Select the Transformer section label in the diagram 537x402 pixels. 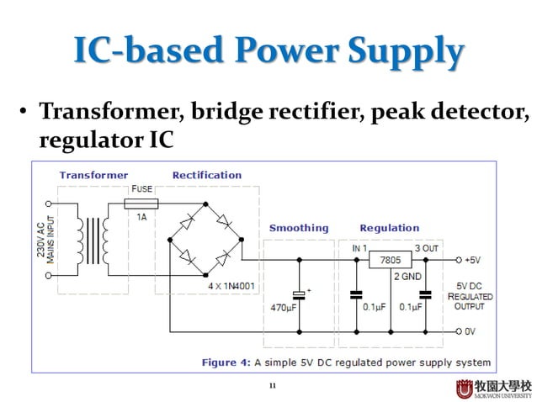click(x=93, y=175)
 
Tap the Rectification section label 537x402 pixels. click(x=206, y=175)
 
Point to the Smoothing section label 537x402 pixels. click(x=299, y=228)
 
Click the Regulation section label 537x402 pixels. click(x=389, y=228)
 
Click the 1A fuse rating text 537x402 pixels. click(x=141, y=216)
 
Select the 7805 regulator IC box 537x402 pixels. click(x=390, y=260)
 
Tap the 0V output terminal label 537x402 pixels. click(x=471, y=331)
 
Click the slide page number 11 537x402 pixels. click(x=272, y=386)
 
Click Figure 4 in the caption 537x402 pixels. click(x=225, y=362)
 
